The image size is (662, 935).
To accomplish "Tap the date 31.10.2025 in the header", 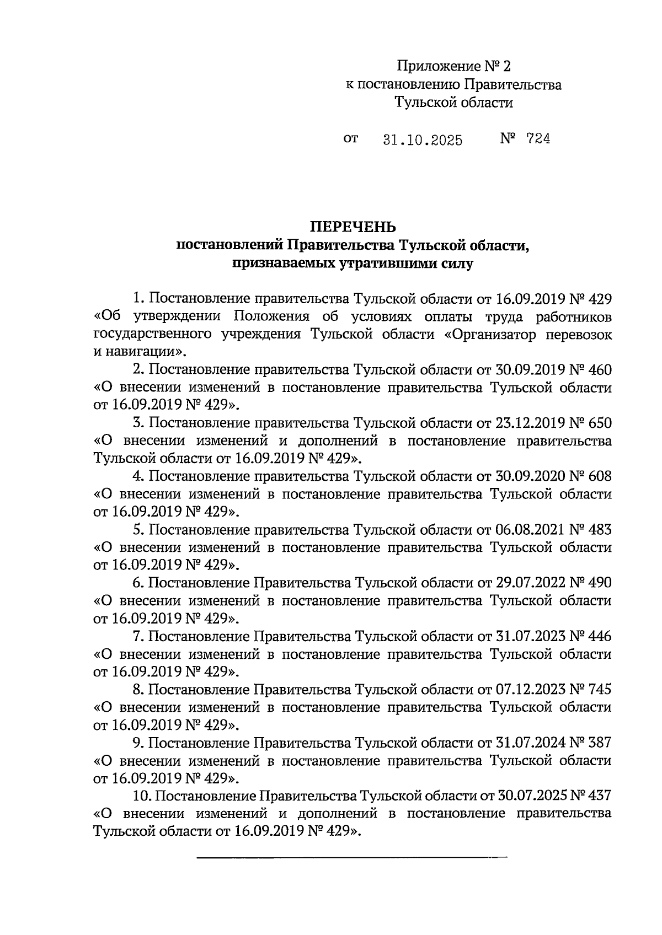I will tap(422, 140).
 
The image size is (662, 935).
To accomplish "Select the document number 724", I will tap(538, 139).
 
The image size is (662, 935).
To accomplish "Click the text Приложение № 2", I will tap(454, 67).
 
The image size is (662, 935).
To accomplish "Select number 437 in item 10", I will tap(600, 796).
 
